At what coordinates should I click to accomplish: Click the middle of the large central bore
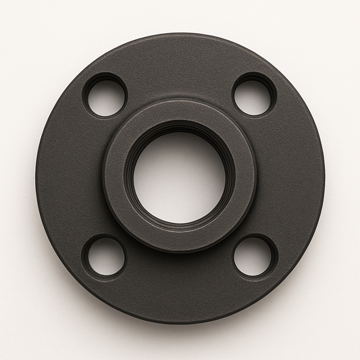pyautogui.click(x=180, y=178)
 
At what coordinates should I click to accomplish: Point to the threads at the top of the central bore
pyautogui.click(x=180, y=128)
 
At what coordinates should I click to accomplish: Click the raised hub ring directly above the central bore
pyautogui.click(x=180, y=111)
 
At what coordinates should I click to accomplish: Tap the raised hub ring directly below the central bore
pyautogui.click(x=180, y=240)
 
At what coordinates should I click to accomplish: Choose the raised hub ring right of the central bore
pyautogui.click(x=244, y=177)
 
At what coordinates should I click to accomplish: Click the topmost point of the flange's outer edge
pyautogui.click(x=180, y=33)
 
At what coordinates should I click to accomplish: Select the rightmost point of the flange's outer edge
pyautogui.click(x=324, y=177)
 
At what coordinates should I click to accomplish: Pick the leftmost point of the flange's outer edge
pyautogui.click(x=36, y=177)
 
